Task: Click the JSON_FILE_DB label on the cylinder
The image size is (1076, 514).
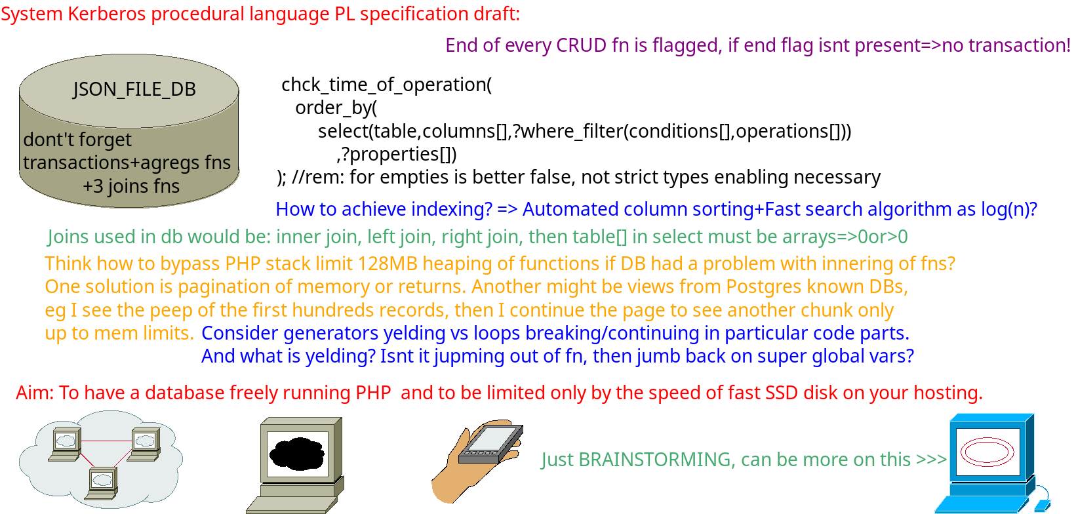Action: tap(134, 89)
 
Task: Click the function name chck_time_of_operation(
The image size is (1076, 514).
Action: tap(387, 85)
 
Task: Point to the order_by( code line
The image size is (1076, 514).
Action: tap(336, 108)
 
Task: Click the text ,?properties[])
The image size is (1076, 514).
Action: tap(397, 154)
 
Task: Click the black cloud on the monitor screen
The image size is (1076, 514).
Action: tap(297, 454)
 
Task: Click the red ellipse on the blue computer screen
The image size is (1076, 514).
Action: tap(987, 452)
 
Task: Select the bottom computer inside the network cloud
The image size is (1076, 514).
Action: tap(102, 483)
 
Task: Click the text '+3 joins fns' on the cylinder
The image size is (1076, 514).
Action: tap(131, 186)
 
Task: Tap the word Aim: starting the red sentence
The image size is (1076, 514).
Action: tap(35, 393)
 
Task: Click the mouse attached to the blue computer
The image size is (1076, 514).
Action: tap(1042, 505)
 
